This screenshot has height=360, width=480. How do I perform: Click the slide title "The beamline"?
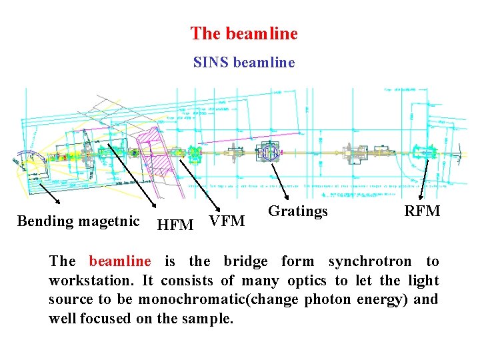243,33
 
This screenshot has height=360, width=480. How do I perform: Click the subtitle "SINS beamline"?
243,63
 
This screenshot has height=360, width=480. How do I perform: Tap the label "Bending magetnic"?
78,221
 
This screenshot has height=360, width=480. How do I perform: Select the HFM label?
175,225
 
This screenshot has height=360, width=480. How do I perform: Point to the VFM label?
227,221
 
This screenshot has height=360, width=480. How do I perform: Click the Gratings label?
297,211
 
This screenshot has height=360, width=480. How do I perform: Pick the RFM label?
422,211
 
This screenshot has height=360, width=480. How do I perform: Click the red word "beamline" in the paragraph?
120,261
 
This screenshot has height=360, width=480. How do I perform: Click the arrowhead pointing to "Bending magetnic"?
57,202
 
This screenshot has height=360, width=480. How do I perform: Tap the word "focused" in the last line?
106,318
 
